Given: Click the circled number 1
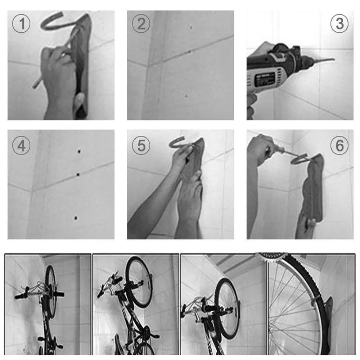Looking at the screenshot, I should [21, 24].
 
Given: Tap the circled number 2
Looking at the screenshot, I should [141, 24].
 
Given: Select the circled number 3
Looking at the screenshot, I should [339, 24].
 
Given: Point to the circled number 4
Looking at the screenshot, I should [21, 146].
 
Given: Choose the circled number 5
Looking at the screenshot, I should [141, 146].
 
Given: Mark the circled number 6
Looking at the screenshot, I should [339, 146].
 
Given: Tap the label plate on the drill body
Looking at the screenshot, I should [265, 78].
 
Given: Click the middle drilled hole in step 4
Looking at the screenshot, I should [77, 175].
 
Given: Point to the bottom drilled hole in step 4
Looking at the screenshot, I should [75, 217].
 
